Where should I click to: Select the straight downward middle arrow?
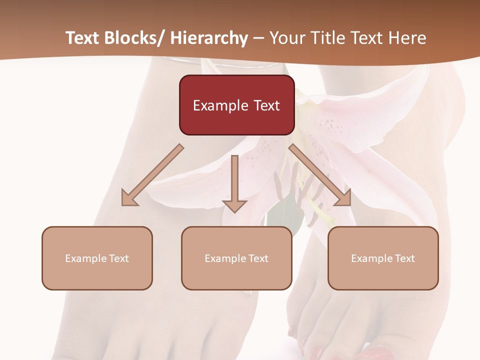point(234,185)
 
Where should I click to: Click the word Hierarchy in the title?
point(209,38)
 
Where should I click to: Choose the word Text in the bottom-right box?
point(404,258)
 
